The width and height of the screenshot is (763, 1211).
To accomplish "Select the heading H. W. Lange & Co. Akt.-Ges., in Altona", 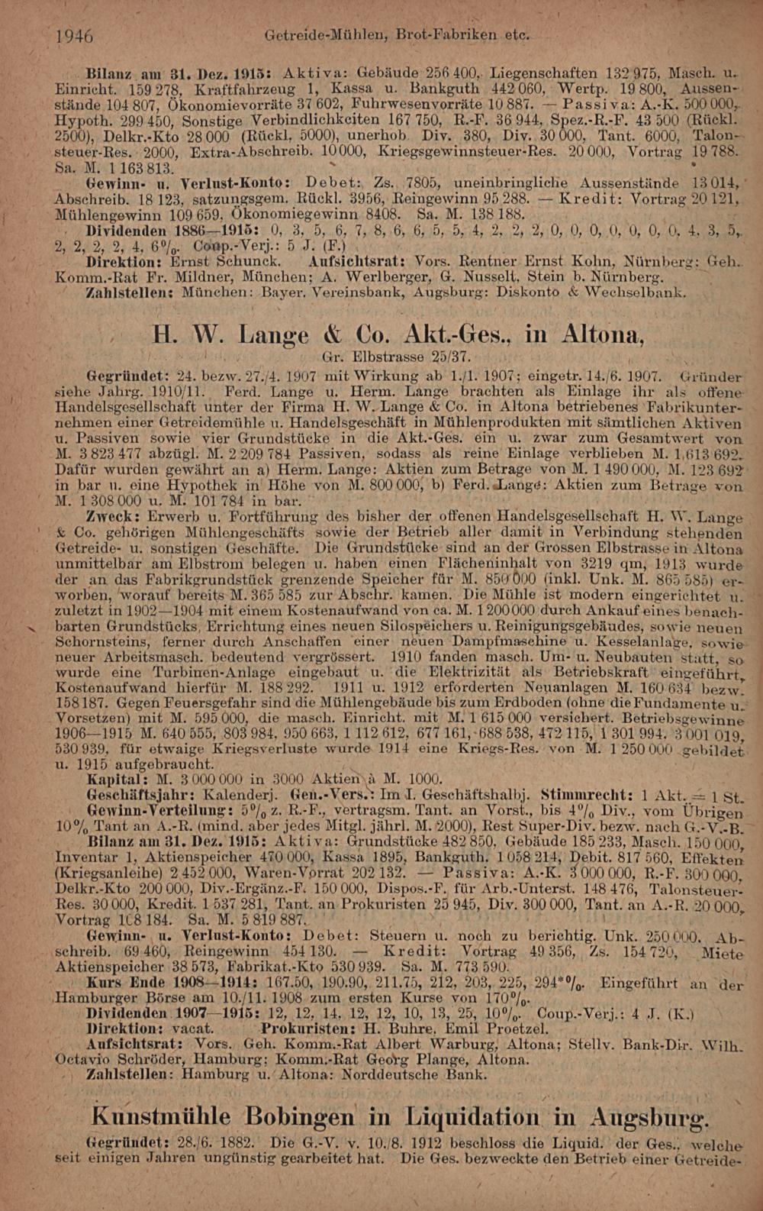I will coord(398,335).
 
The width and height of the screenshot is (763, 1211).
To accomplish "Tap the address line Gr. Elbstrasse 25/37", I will coord(397,357).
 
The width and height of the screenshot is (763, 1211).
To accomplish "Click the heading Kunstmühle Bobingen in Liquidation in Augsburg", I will coord(401,1118).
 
